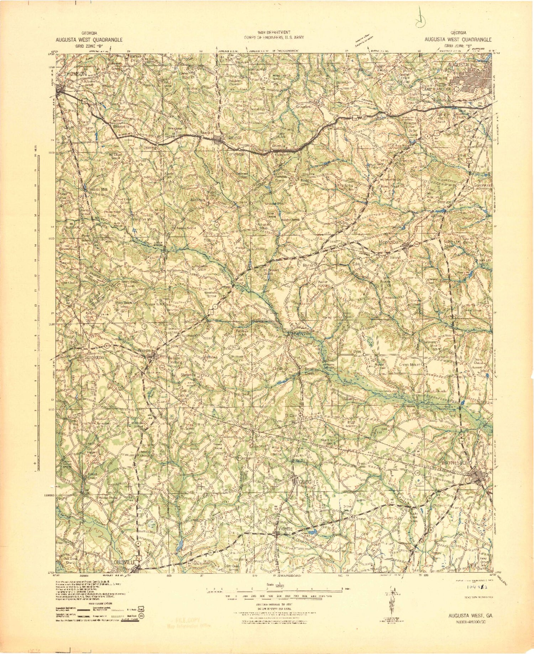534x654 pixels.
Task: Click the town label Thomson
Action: tap(75, 74)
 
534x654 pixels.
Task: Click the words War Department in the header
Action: tap(274, 32)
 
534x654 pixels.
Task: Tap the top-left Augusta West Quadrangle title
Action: tap(89, 40)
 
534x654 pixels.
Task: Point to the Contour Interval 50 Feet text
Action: tap(273, 605)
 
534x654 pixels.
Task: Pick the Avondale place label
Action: tap(198, 200)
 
